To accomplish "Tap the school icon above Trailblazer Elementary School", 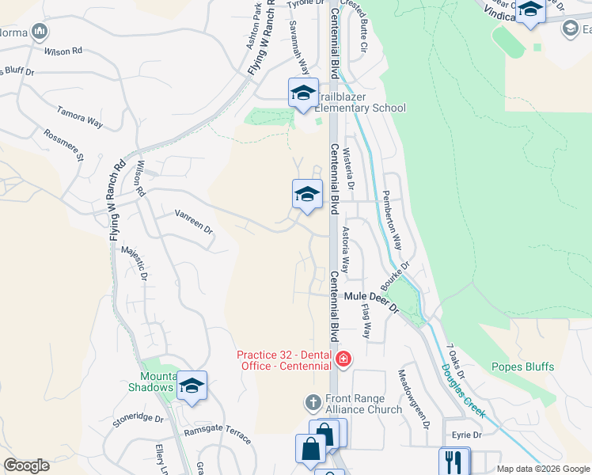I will pos(303,93).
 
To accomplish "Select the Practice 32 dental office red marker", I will pos(343,360).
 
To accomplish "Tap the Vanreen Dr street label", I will pos(194,222).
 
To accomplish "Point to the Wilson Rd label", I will pos(64,51).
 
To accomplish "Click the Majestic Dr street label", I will pos(134,264).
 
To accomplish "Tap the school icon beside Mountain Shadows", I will pos(192,386).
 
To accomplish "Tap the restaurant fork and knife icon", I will pos(453,461).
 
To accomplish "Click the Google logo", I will pos(26,465).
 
